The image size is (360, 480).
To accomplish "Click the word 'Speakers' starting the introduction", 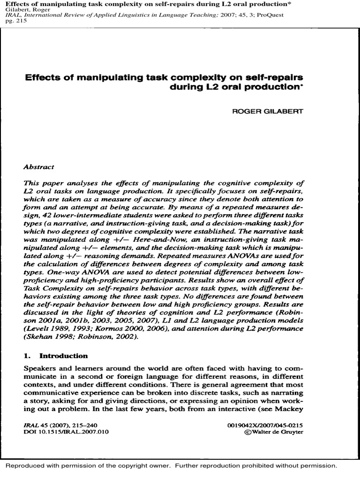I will click(37, 369).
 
